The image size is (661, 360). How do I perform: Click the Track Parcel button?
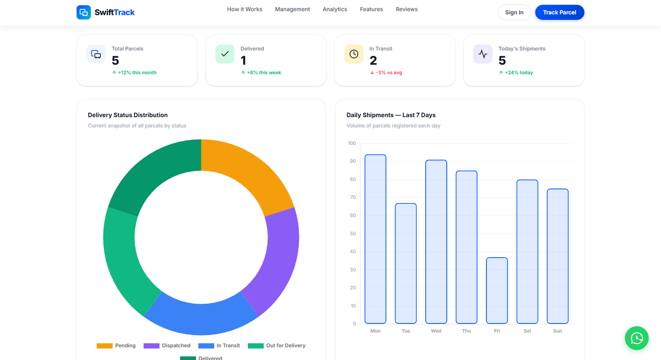pyautogui.click(x=559, y=12)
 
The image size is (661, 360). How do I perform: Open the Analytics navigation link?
pyautogui.click(x=335, y=9)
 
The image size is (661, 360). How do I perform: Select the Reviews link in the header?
pyautogui.click(x=406, y=9)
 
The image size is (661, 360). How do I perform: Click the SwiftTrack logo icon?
pyautogui.click(x=84, y=12)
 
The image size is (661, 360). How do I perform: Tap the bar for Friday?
pyautogui.click(x=497, y=290)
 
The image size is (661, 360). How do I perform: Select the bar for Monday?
pyautogui.click(x=375, y=239)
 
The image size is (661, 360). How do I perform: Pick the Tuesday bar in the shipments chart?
pyautogui.click(x=406, y=263)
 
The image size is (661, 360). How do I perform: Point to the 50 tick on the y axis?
pyautogui.click(x=353, y=233)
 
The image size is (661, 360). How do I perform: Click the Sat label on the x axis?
pyautogui.click(x=527, y=331)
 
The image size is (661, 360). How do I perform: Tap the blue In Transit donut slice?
pyautogui.click(x=201, y=318)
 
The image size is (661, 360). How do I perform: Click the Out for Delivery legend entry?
pyautogui.click(x=277, y=346)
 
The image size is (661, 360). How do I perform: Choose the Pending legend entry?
pyautogui.click(x=116, y=346)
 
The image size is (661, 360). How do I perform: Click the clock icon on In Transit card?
pyautogui.click(x=354, y=54)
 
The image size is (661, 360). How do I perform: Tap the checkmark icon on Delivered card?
pyautogui.click(x=225, y=54)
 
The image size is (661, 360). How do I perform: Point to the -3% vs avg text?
pyautogui.click(x=388, y=73)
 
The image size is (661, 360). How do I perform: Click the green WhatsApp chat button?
pyautogui.click(x=636, y=338)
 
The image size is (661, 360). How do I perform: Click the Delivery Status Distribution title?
pyautogui.click(x=128, y=115)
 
